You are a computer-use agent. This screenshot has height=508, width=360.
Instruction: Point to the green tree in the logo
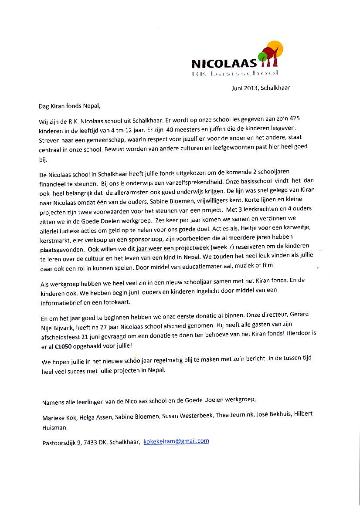coord(262,57)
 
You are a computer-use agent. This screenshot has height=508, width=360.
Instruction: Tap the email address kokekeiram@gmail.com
coord(176,441)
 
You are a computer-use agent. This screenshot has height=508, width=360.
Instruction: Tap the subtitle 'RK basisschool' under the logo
coord(234,74)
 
